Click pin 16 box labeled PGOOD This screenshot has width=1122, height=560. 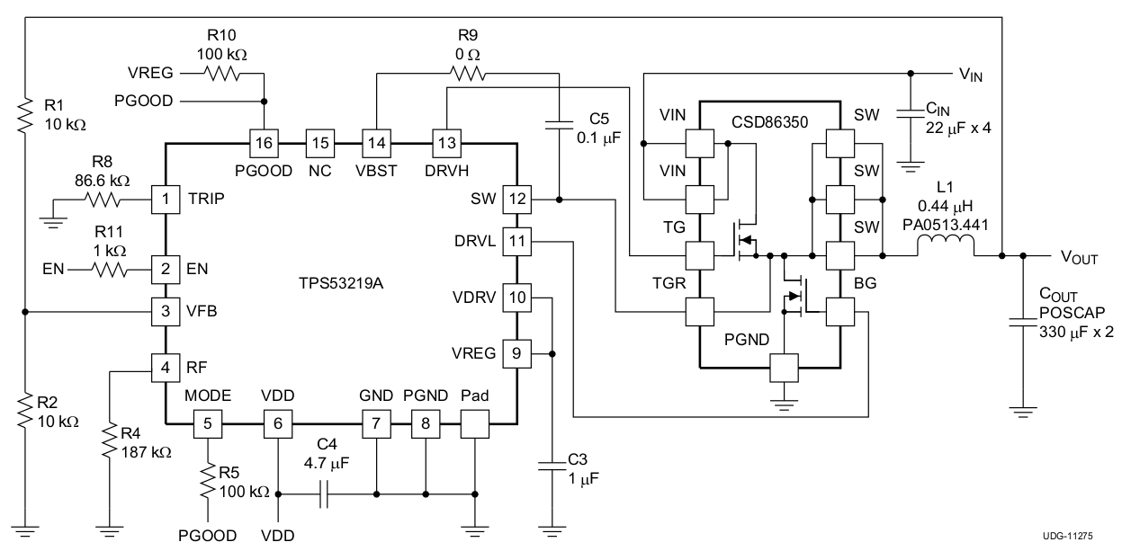264,141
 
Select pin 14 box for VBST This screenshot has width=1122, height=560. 375,141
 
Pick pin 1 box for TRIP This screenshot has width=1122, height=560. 166,198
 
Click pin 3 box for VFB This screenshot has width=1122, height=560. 166,311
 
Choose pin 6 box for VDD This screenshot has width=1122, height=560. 278,422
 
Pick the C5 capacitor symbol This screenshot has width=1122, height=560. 560,123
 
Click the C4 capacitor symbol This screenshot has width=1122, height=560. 326,493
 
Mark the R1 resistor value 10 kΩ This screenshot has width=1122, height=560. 66,125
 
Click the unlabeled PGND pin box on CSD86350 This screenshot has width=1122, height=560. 785,368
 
